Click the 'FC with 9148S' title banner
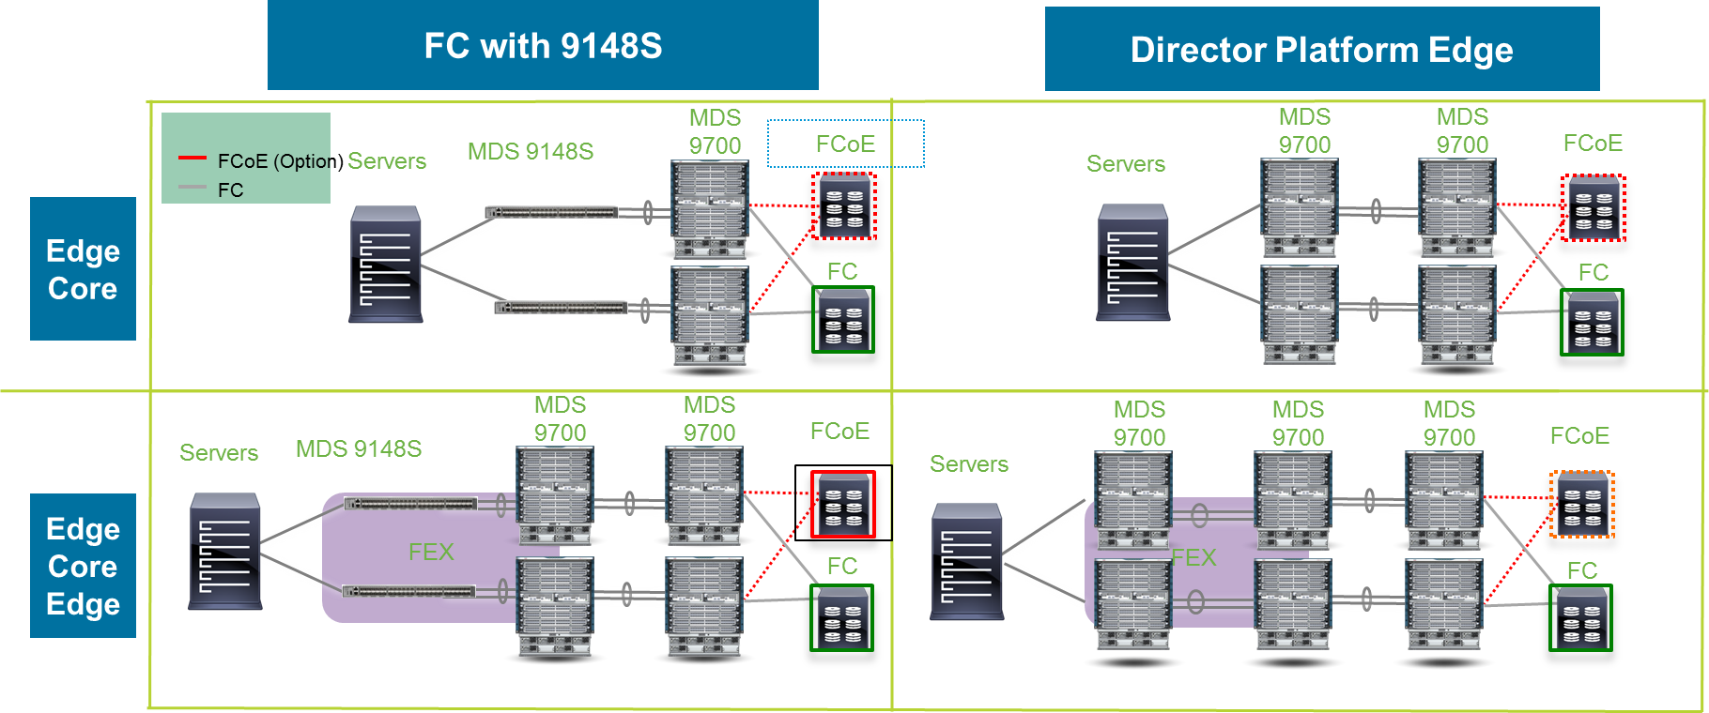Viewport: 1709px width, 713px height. (x=543, y=45)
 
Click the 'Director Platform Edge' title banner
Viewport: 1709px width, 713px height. (x=1321, y=49)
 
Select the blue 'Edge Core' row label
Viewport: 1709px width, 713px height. (x=83, y=269)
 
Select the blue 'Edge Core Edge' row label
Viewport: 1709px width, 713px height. (x=83, y=566)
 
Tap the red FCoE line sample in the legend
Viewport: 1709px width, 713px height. (x=192, y=158)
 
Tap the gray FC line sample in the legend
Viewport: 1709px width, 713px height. (x=192, y=188)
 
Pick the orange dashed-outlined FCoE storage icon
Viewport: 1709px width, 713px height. (x=1582, y=505)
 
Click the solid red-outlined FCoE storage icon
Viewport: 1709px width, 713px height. (x=843, y=504)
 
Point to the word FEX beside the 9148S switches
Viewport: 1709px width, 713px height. (x=431, y=552)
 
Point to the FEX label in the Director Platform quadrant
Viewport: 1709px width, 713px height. (x=1193, y=557)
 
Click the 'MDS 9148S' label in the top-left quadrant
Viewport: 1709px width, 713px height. (x=531, y=151)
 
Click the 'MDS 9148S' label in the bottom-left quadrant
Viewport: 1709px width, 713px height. (x=359, y=448)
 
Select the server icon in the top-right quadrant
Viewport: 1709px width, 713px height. (x=1133, y=263)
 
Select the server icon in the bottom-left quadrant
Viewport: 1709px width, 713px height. (x=224, y=551)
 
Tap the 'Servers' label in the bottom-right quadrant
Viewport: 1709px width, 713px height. (x=968, y=463)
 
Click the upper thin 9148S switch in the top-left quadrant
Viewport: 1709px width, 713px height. (x=551, y=213)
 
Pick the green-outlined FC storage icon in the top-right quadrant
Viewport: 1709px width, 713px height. (x=1592, y=323)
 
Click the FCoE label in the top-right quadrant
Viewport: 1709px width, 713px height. (x=1593, y=143)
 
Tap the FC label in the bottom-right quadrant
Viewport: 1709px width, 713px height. (x=1581, y=570)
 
